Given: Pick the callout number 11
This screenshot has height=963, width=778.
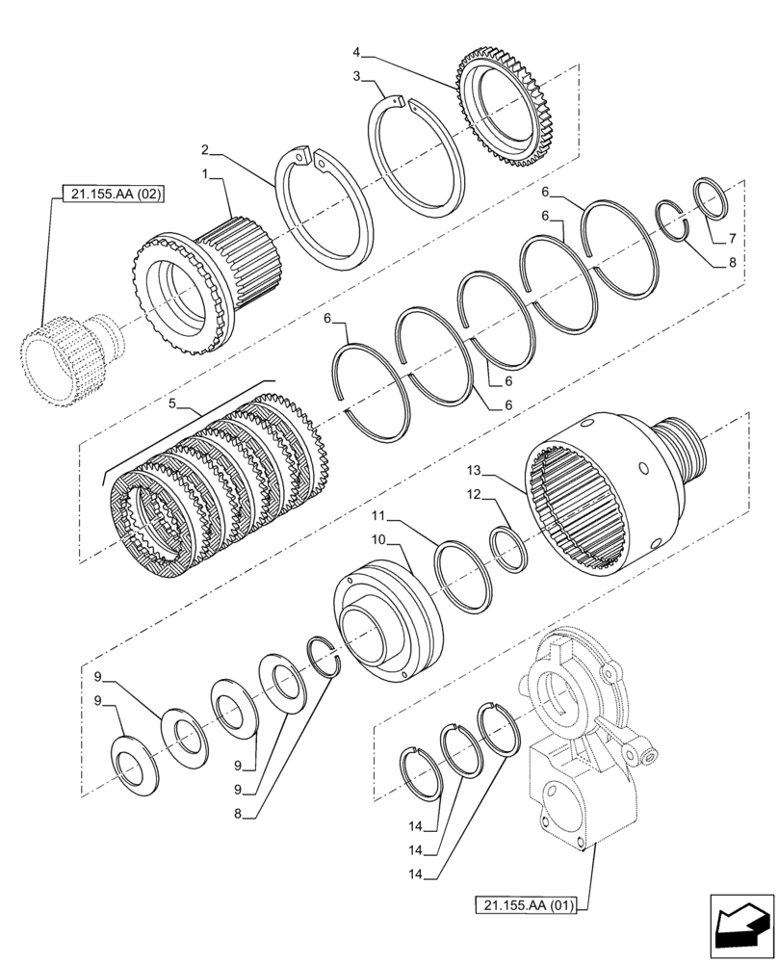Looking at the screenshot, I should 408,518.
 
